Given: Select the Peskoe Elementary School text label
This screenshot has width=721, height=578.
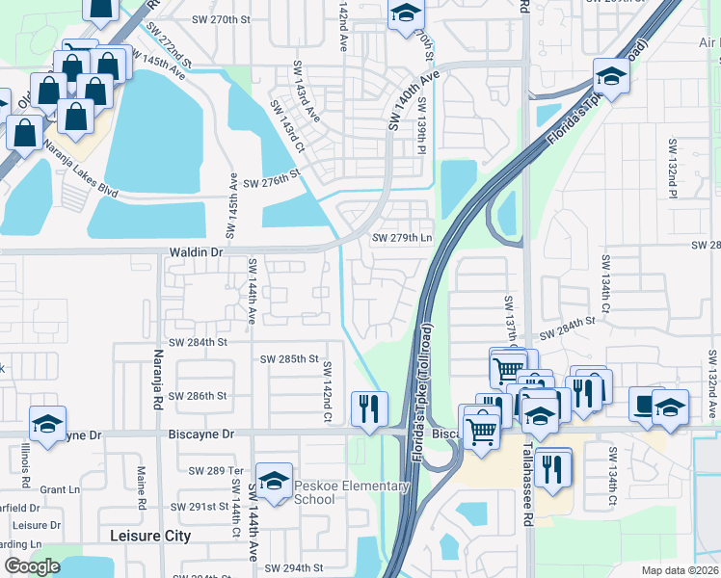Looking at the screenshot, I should point(352,492).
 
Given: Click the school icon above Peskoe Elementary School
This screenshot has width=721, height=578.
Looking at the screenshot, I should point(275,481).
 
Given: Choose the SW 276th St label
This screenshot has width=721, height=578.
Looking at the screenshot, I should point(273,182).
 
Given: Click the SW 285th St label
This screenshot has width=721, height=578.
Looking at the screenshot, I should point(289,359).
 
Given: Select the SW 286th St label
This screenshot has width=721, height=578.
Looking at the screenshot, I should point(197,396).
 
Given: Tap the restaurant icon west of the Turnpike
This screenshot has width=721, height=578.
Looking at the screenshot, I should point(369,409).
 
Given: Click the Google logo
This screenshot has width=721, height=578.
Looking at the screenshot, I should point(32,566).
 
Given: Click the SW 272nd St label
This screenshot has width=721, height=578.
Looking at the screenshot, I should point(165,46).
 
